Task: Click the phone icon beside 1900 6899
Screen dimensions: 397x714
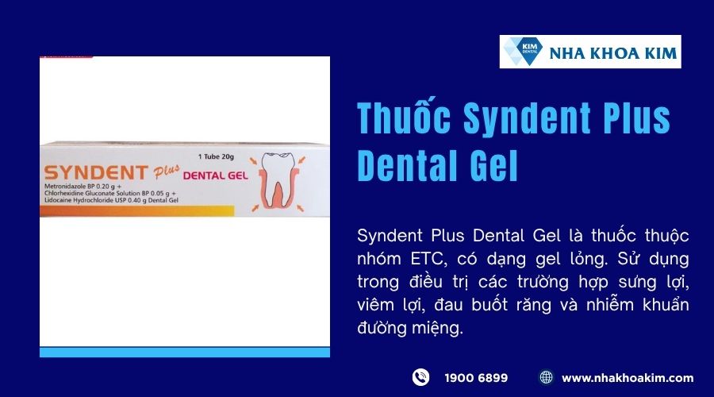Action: click(420, 377)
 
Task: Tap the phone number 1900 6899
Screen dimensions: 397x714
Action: click(476, 377)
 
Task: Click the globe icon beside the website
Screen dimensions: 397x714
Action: click(546, 377)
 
